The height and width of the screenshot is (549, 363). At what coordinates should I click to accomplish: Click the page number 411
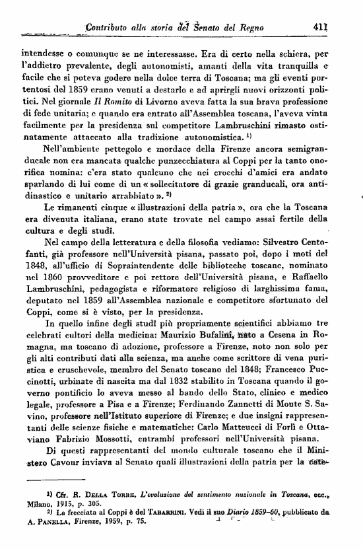320,28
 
